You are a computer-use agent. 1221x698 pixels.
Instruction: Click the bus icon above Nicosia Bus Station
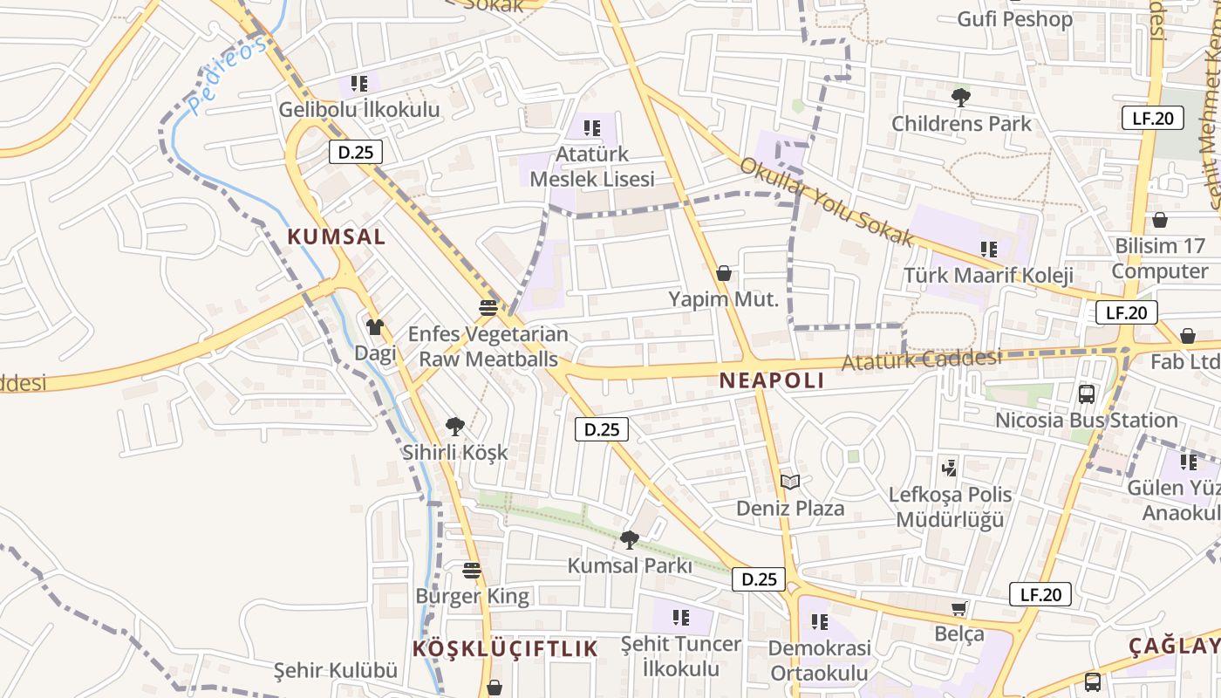[1087, 393]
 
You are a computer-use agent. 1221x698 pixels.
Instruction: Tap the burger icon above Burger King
[472, 571]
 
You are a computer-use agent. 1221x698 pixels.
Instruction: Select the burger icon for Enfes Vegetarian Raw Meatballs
[488, 308]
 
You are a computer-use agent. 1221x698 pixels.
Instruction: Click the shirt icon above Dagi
[375, 327]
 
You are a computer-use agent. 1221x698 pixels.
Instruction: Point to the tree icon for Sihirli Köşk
[454, 427]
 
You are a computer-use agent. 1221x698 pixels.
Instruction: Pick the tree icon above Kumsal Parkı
[629, 540]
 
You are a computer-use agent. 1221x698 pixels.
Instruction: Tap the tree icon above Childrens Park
[961, 97]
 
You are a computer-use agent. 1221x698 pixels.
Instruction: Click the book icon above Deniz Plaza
[790, 482]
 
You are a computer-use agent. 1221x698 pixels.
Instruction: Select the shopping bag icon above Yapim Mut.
[723, 273]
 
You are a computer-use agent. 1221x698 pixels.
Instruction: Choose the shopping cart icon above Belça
[959, 608]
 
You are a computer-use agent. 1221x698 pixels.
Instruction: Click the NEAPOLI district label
[772, 380]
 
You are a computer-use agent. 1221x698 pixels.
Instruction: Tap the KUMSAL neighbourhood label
[337, 236]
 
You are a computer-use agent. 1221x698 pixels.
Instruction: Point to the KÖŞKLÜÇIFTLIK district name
[505, 648]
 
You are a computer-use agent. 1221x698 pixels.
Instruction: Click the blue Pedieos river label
[228, 76]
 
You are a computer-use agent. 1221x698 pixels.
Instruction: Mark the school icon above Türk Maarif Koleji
[988, 250]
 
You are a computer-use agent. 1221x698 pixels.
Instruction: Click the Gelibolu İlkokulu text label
[359, 110]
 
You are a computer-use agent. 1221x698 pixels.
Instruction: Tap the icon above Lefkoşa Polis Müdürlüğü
[950, 468]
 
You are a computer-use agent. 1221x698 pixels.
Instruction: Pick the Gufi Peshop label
[1014, 19]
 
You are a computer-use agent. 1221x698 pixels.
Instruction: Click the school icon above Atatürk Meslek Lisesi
[592, 128]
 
